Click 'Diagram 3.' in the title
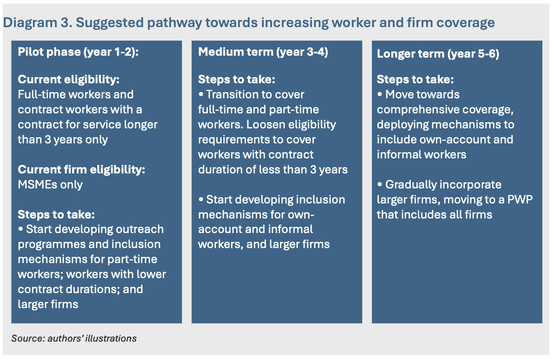37,23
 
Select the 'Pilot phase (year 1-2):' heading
78,52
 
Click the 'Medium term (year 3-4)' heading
263,52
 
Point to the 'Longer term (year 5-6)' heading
438,54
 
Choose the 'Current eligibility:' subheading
69,79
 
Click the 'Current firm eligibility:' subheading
81,170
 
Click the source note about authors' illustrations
74,338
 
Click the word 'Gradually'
410,185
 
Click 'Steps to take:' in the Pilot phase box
56,215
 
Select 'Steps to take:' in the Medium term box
236,79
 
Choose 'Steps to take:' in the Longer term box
415,79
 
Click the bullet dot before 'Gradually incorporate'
380,185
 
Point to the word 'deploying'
402,125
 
